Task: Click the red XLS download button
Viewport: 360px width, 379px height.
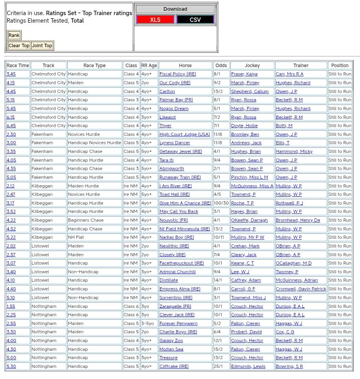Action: click(x=155, y=19)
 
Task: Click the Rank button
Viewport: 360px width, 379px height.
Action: click(x=14, y=35)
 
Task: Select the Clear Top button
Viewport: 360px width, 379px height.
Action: click(x=19, y=46)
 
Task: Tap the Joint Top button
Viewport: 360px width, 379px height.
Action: click(x=42, y=46)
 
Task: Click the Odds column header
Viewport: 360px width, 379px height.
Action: click(x=221, y=66)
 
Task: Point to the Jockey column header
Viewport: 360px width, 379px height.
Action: click(x=252, y=66)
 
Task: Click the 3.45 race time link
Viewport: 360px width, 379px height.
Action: click(x=11, y=74)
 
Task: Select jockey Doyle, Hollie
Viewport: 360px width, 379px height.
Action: click(x=244, y=126)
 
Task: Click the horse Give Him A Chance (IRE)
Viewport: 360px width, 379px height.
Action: click(x=185, y=203)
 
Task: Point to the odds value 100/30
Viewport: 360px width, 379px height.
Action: click(x=221, y=203)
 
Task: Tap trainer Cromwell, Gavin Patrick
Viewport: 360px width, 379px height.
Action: click(x=301, y=289)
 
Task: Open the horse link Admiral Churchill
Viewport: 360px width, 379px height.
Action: click(x=177, y=272)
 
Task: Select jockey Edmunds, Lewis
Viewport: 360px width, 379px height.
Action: click(x=248, y=366)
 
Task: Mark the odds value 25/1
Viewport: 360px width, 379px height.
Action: click(x=218, y=366)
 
